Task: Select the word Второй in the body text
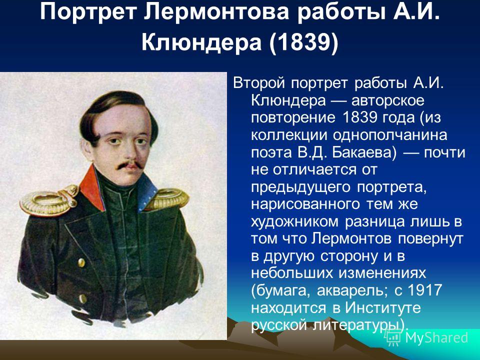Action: point(259,83)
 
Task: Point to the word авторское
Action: point(388,101)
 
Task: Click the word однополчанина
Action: point(389,135)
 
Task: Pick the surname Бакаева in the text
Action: point(364,152)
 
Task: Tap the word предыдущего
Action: point(300,187)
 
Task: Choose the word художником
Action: point(295,222)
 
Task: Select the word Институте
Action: point(383,307)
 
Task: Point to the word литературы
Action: point(360,325)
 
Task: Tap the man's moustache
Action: point(130,165)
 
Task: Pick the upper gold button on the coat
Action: point(81,262)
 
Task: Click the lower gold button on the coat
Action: point(82,298)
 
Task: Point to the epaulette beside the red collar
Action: point(49,200)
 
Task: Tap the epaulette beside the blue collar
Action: point(168,199)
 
